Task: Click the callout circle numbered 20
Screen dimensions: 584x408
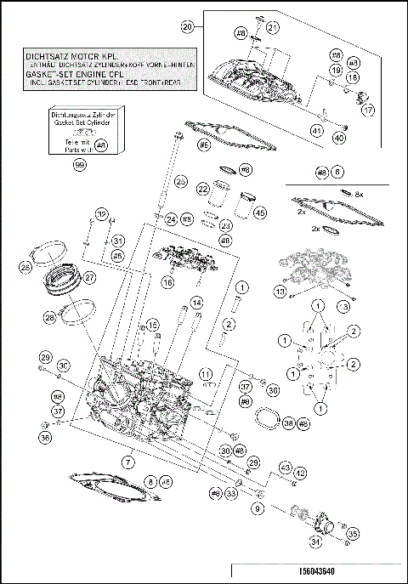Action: (188, 26)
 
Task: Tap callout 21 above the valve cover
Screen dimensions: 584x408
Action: (273, 28)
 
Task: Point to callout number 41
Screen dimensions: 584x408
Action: (316, 131)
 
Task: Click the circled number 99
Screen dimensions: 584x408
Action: (79, 165)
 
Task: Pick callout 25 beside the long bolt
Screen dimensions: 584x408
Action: (180, 182)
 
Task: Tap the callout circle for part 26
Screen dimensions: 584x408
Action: (25, 267)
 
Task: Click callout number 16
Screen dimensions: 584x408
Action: (168, 281)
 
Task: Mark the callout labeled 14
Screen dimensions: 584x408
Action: (196, 303)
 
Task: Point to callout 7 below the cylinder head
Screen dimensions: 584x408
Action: (127, 462)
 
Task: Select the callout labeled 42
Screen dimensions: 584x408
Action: (300, 472)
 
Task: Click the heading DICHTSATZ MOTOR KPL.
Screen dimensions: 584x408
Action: (64, 54)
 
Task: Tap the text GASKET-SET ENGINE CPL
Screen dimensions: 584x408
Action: (65, 76)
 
